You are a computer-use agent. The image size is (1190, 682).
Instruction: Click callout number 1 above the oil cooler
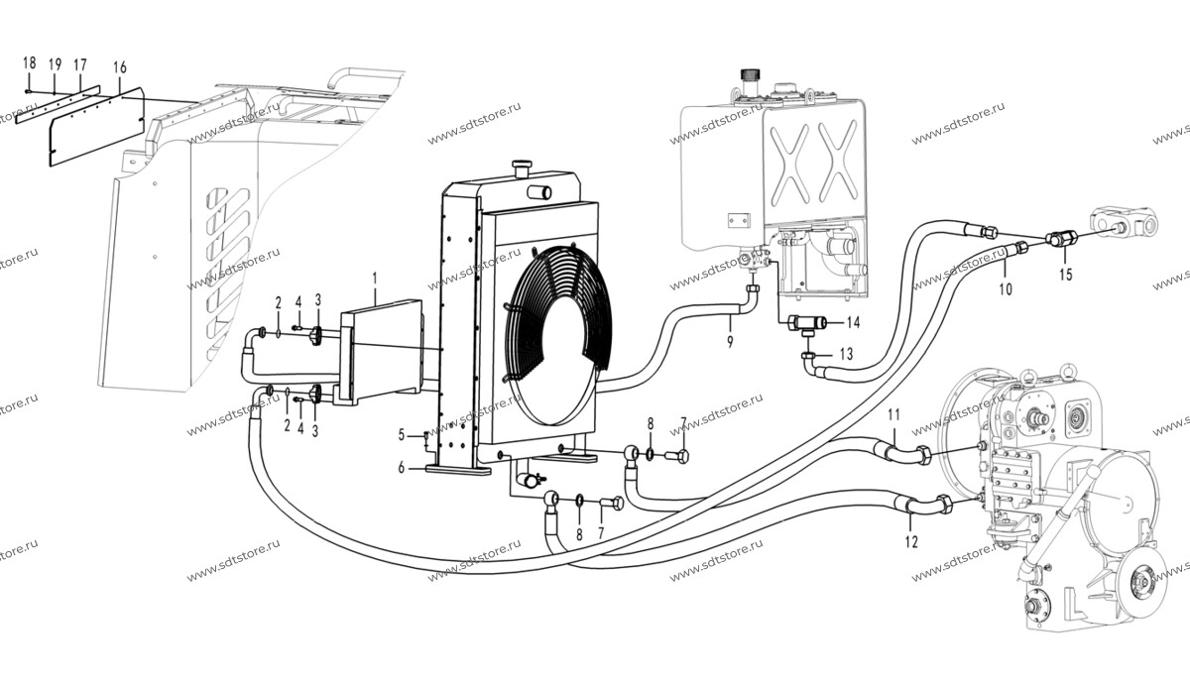click(375, 279)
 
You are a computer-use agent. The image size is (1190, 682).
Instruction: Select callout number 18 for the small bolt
click(29, 62)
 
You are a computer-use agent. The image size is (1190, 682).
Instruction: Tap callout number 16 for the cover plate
click(120, 67)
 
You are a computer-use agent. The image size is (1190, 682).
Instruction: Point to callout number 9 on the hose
click(730, 342)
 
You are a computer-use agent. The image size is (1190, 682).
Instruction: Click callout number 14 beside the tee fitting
click(853, 322)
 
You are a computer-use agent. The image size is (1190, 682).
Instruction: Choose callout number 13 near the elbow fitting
click(846, 354)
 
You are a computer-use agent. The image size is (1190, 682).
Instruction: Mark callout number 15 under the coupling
click(1066, 275)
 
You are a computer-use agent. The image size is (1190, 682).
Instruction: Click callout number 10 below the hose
click(1006, 289)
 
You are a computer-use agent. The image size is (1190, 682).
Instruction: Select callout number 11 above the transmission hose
click(894, 414)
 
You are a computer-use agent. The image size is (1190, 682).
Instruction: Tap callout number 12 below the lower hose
click(911, 542)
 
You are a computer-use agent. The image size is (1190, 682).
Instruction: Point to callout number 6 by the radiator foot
click(401, 468)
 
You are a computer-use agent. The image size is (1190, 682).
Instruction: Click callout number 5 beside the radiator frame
click(401, 435)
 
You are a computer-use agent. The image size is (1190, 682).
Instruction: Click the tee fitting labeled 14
click(807, 323)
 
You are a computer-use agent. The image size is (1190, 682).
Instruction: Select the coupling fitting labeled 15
click(1061, 239)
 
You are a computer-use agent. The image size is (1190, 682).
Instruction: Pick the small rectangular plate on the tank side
click(739, 220)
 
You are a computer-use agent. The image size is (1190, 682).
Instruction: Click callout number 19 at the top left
click(55, 64)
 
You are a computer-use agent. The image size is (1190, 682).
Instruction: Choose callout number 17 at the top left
click(79, 65)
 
